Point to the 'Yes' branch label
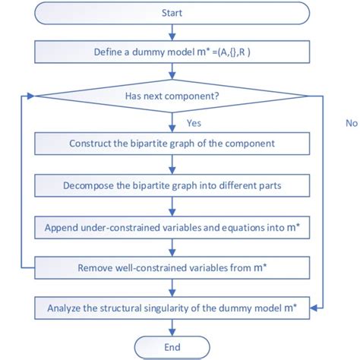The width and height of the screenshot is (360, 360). point(195,122)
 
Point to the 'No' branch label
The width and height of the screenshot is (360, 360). point(351,122)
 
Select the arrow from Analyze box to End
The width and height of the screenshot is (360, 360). point(174,327)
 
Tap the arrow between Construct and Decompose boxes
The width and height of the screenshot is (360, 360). point(174,164)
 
